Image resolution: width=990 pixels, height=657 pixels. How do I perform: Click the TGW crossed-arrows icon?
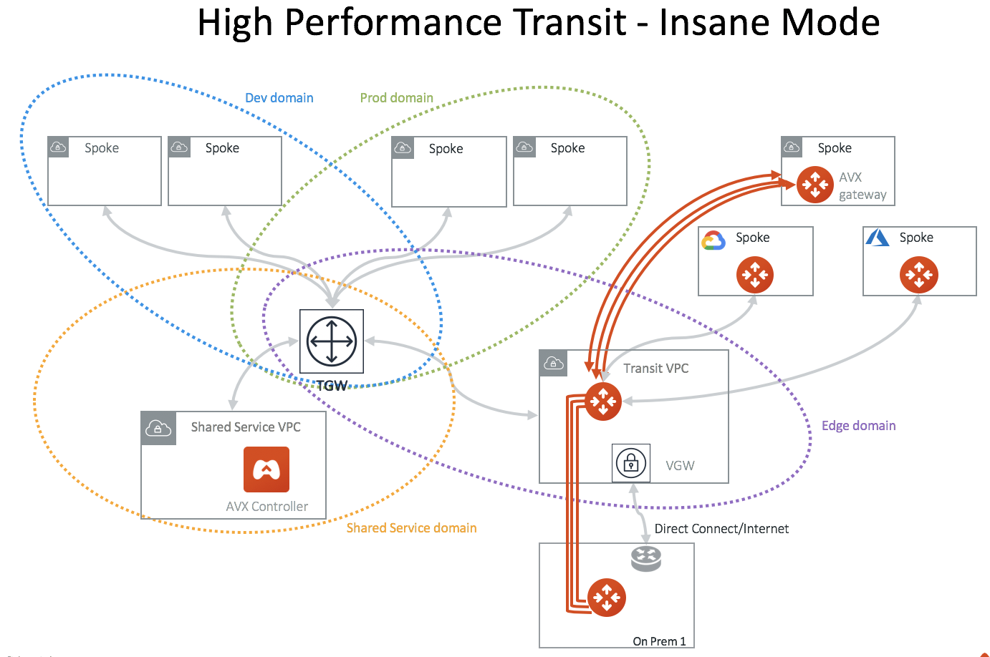331,341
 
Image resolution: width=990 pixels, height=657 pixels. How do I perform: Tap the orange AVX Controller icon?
266,469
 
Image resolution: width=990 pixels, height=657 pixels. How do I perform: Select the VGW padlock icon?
631,463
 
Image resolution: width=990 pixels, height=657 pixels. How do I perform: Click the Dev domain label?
279,98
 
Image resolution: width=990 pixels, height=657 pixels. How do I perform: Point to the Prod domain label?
396,98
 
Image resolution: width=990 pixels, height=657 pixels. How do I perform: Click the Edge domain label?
858,426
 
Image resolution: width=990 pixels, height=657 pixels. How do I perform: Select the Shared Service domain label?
411,528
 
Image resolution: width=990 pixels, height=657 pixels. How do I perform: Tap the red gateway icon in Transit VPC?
603,401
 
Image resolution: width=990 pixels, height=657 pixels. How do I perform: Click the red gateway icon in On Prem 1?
606,597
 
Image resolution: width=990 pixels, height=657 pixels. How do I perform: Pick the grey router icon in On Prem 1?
645,558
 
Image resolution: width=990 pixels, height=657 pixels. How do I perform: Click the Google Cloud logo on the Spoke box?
713,240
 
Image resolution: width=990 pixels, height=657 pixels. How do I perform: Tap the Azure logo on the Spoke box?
878,238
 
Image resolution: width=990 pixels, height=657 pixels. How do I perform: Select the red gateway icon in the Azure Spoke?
918,275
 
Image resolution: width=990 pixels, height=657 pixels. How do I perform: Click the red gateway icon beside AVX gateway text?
815,185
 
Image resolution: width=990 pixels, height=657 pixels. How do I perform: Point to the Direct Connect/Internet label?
721,529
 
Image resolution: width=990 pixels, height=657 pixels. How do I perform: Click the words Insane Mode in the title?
769,22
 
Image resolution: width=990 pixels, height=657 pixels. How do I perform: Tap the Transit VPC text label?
655,369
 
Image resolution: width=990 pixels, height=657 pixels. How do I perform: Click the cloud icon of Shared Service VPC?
158,428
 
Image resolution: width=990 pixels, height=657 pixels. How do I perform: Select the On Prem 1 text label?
659,641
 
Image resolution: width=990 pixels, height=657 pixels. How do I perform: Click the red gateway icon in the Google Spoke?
754,275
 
